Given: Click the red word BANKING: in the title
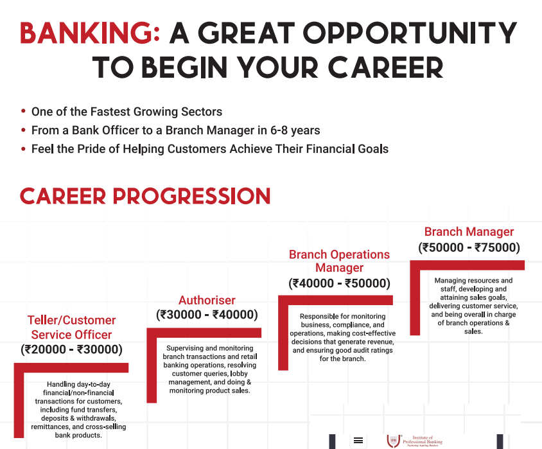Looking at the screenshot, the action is coord(90,33).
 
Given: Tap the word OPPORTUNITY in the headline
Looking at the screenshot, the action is coord(410,33).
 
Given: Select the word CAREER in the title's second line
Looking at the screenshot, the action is coord(385,67).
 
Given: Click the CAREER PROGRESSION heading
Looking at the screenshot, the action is coord(145,196).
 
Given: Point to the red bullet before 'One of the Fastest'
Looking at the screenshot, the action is coord(23,111).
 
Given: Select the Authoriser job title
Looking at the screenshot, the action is coord(207,300).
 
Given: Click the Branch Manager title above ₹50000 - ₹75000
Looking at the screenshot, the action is coord(469,232).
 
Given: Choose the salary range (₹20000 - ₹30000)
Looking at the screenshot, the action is coord(71,349).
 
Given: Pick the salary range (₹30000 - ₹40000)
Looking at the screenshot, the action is coord(207,315).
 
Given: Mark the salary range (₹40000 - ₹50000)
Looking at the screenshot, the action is coord(340,283).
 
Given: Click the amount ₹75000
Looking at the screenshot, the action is coord(495,247).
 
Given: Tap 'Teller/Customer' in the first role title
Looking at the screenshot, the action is coord(71,320).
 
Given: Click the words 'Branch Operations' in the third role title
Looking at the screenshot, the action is coord(340,254).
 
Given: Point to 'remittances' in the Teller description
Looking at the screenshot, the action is coord(51,427).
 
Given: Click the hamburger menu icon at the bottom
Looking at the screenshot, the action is coord(358,441).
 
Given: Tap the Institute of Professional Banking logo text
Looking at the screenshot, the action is coord(423,440).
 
